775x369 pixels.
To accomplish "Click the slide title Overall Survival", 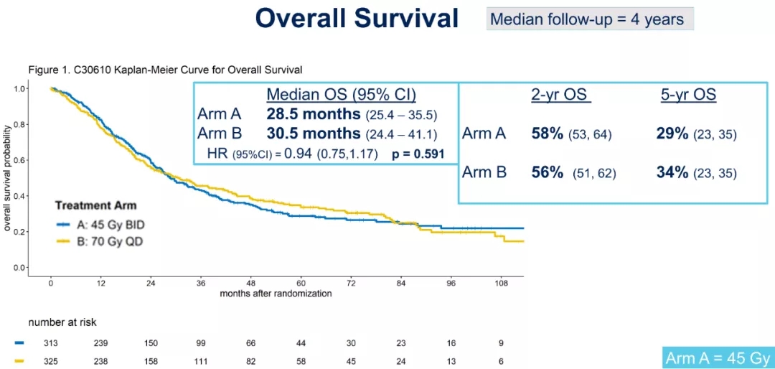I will (x=357, y=19).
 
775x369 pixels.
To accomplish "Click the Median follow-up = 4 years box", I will (x=589, y=19).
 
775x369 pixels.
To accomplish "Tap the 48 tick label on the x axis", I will (x=251, y=283).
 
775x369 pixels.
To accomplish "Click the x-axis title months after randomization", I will (x=276, y=293).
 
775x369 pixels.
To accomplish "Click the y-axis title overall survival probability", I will (x=8, y=178).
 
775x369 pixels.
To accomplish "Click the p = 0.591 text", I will (x=418, y=154).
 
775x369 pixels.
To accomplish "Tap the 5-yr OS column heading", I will (x=688, y=95).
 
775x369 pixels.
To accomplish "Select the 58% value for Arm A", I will (x=547, y=134).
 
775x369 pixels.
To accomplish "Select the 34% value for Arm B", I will (x=672, y=172).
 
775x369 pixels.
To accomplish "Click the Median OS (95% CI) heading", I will (x=341, y=95).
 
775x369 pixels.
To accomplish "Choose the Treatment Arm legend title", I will (x=95, y=206).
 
